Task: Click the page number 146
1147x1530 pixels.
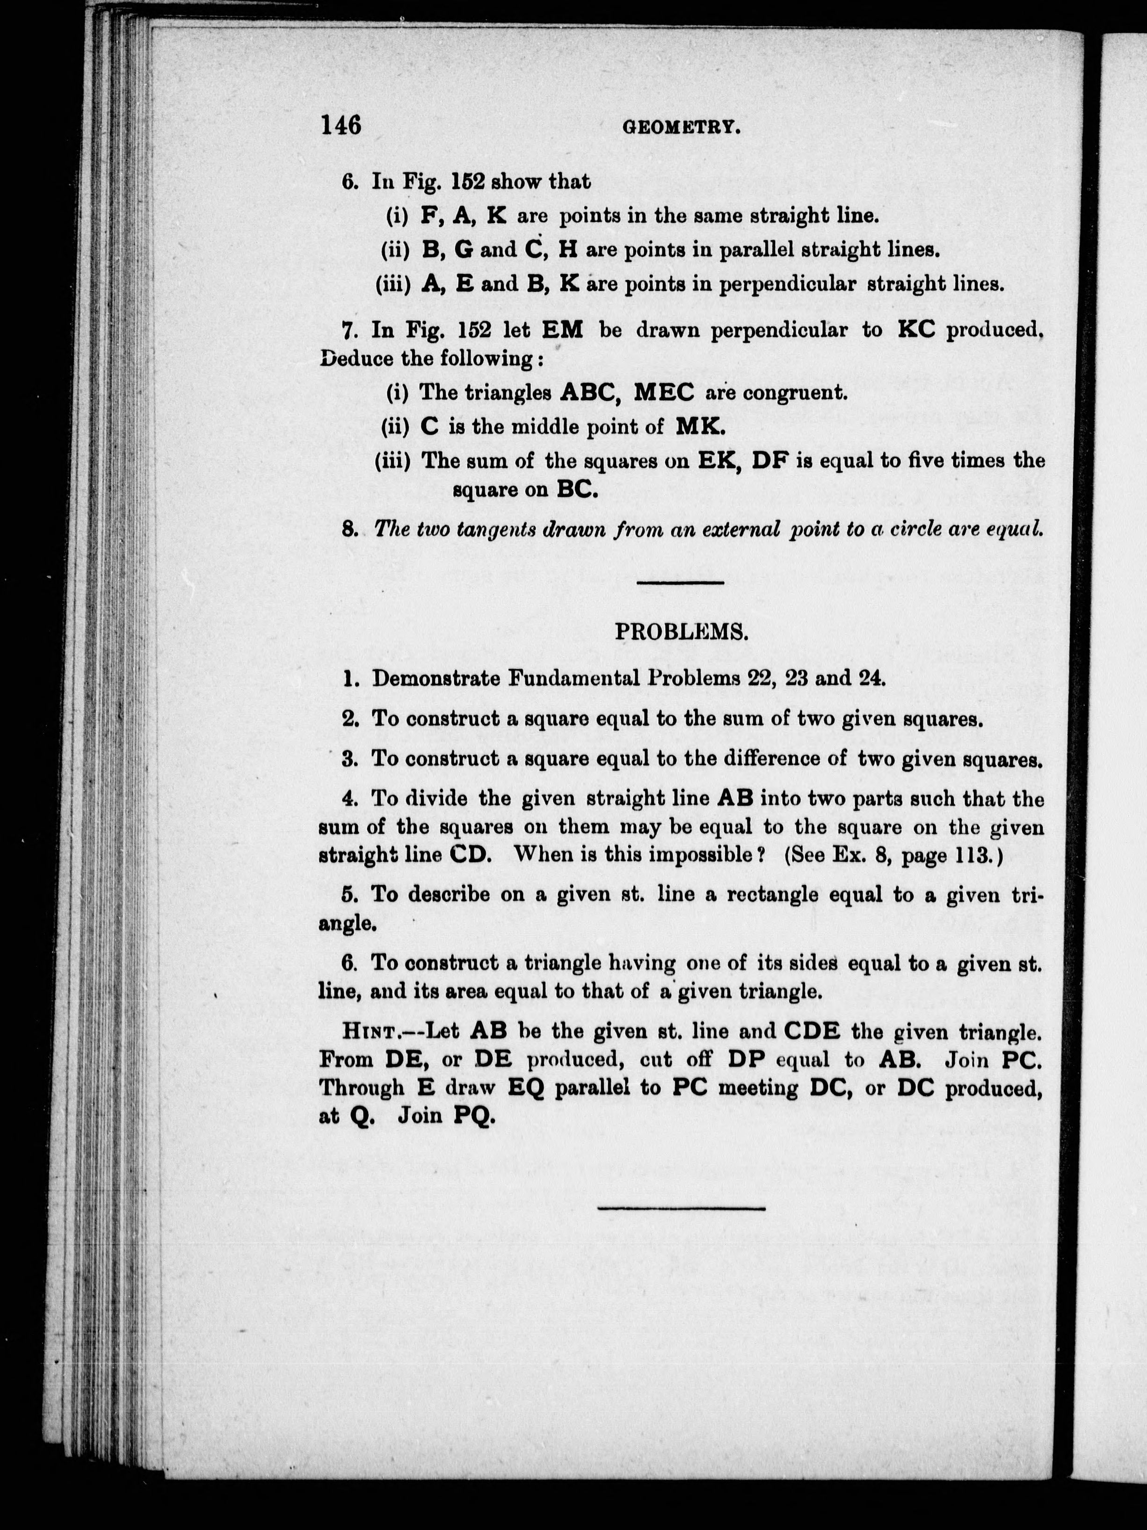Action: click(x=341, y=125)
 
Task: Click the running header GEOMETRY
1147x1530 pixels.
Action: click(x=682, y=127)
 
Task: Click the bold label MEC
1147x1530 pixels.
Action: click(x=664, y=393)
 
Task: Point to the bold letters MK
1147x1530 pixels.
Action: click(x=700, y=427)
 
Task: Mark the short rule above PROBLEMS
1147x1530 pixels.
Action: click(x=680, y=582)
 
